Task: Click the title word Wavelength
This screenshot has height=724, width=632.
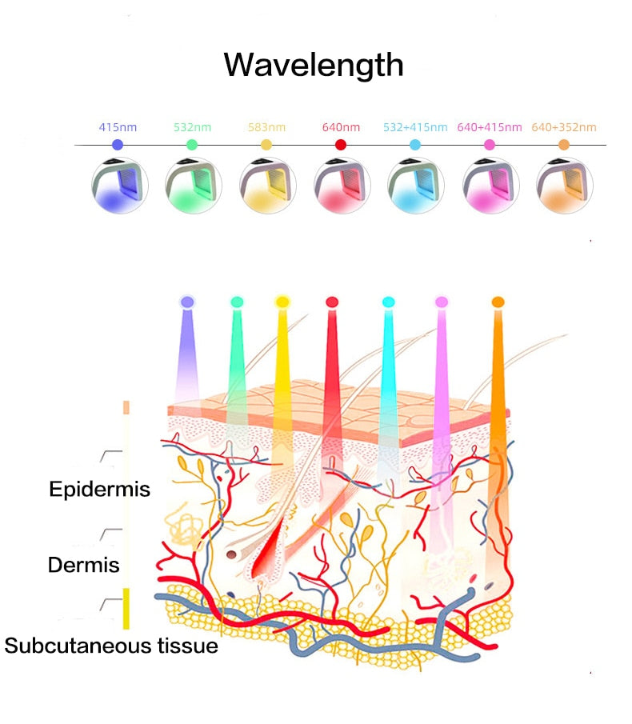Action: (314, 64)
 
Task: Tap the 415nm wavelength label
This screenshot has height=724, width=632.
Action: (118, 127)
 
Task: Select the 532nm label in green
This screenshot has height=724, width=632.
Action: (192, 127)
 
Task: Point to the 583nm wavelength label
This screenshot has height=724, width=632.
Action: (266, 127)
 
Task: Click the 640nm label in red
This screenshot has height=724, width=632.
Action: (341, 127)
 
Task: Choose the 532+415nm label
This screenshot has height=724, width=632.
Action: (414, 127)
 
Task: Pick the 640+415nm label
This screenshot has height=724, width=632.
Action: (489, 127)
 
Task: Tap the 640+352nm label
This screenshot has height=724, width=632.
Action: (564, 127)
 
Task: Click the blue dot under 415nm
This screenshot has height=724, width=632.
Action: (118, 145)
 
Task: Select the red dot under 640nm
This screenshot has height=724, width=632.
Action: (341, 145)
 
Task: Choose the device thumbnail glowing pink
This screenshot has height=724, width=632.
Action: (490, 186)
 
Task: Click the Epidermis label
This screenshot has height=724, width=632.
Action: (99, 489)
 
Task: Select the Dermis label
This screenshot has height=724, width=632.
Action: (84, 565)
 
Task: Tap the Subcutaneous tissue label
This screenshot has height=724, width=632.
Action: (111, 646)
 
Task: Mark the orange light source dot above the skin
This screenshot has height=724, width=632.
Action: (498, 302)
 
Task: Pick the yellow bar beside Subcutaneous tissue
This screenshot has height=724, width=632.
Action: (126, 608)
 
